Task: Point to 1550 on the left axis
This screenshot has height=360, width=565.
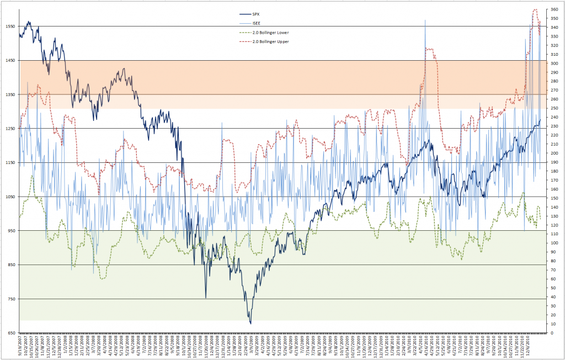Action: click(x=9, y=26)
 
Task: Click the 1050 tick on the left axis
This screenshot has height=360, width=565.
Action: click(x=9, y=197)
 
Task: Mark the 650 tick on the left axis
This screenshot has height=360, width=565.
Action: click(x=10, y=333)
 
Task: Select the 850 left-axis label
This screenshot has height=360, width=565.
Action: click(x=10, y=265)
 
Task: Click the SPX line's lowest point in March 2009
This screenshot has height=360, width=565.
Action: click(x=250, y=324)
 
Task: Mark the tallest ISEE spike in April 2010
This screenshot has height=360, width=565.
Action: click(x=425, y=20)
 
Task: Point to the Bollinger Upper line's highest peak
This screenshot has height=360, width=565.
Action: click(x=535, y=9)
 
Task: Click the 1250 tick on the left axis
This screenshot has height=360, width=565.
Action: click(x=9, y=129)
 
